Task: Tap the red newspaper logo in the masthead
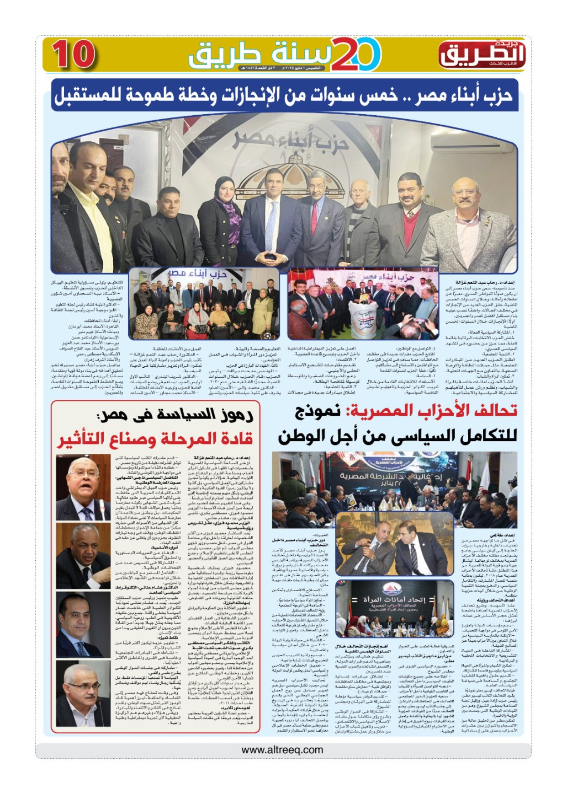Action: (481, 53)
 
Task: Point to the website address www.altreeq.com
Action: (282, 749)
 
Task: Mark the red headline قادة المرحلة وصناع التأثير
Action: (156, 439)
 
